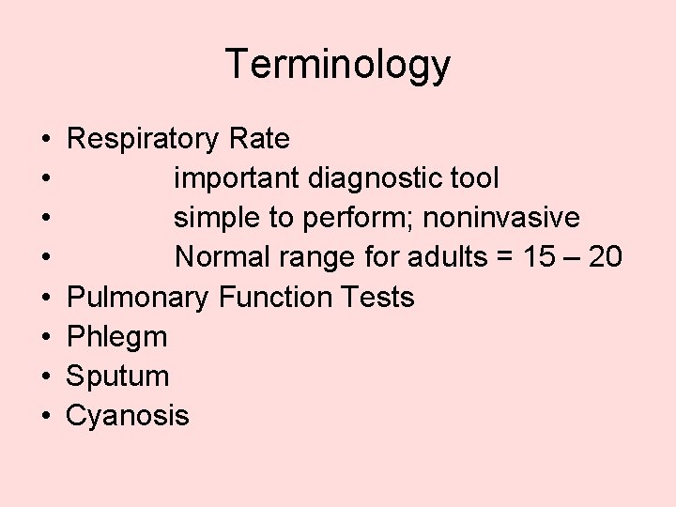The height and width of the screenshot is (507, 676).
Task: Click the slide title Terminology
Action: coord(338,65)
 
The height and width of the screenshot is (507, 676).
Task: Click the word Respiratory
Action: coord(143,140)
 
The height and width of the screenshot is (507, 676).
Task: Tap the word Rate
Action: coord(258,140)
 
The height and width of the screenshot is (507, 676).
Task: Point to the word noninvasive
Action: coord(501,218)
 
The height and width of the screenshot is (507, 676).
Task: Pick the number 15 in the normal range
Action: coord(539,257)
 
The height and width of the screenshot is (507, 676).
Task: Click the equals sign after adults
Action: coord(506,258)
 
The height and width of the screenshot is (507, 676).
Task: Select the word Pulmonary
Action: coord(138,298)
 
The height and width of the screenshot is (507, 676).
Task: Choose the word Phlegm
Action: coord(117,337)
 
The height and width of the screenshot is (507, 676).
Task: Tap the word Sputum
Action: coord(117,376)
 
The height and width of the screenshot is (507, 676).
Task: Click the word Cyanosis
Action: coord(128,416)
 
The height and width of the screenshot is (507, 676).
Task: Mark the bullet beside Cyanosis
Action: coord(46,417)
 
